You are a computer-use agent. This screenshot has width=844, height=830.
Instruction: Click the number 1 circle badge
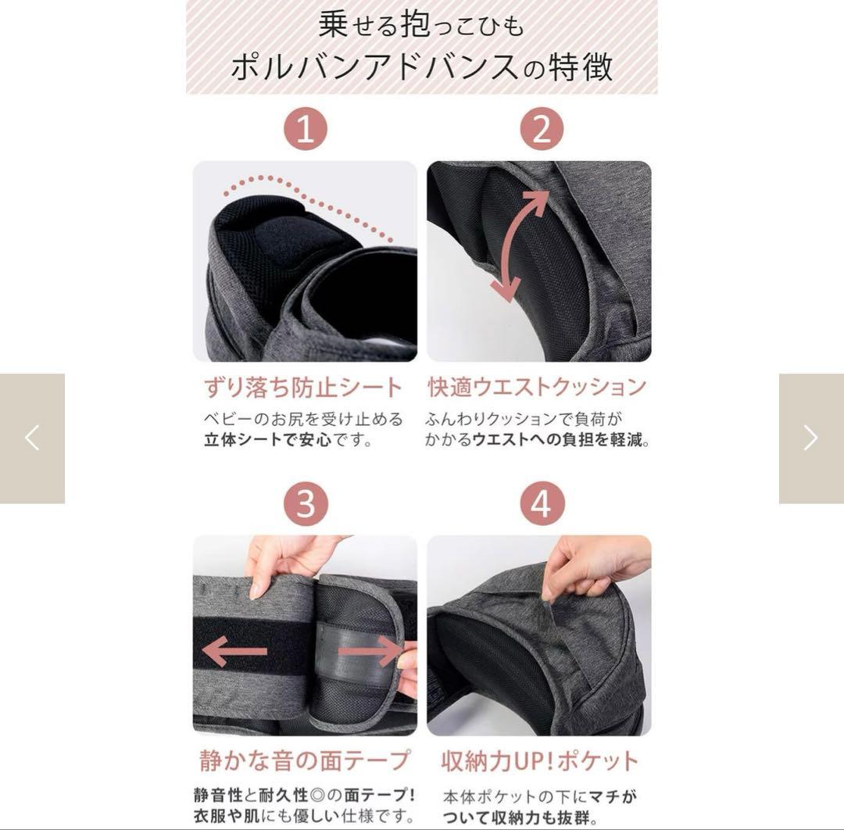click(x=305, y=129)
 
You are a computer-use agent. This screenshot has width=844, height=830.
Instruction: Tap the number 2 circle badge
click(x=541, y=129)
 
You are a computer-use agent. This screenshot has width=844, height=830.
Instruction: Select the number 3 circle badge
click(x=305, y=503)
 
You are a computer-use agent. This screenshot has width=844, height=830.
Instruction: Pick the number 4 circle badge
click(x=541, y=503)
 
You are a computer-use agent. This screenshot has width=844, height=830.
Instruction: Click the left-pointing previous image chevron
click(x=32, y=438)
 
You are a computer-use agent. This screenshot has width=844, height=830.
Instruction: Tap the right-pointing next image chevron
click(x=810, y=438)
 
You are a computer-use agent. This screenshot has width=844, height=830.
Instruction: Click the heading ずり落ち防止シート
click(x=303, y=388)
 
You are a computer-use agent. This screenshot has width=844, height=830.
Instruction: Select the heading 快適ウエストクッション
click(x=538, y=387)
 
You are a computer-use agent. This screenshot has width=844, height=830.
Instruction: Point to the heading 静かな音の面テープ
click(x=305, y=760)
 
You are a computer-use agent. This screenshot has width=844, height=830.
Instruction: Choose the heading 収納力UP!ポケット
click(x=540, y=760)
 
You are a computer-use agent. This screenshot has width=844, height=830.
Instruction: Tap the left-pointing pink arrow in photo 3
click(x=234, y=651)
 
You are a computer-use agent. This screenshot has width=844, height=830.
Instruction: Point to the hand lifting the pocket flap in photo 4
click(x=594, y=567)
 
